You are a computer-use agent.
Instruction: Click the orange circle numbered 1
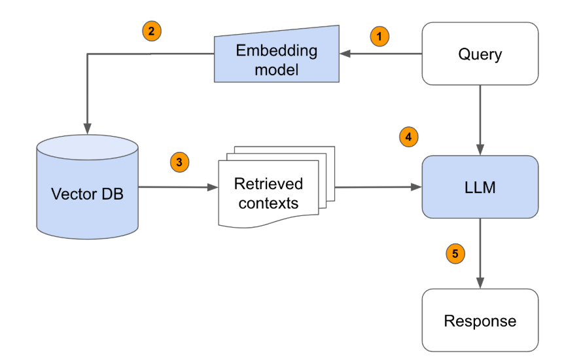tap(379, 36)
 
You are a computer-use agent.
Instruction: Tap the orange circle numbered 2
tap(152, 31)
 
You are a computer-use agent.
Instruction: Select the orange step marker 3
tap(179, 161)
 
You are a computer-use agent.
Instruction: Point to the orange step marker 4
tap(408, 137)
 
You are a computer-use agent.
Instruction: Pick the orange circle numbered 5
tap(455, 253)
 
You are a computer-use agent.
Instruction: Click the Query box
tap(480, 54)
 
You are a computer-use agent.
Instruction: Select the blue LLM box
tap(481, 187)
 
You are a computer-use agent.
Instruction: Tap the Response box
tap(480, 321)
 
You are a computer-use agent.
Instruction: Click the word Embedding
tap(276, 50)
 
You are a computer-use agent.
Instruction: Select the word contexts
tap(268, 203)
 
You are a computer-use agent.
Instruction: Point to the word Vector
tap(70, 194)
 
